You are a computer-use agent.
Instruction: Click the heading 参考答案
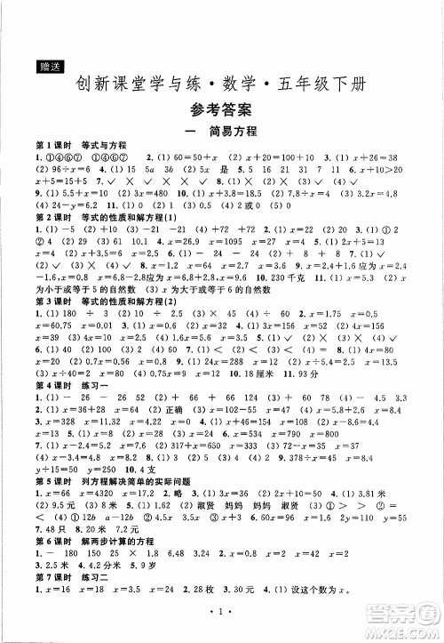tap(221, 110)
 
